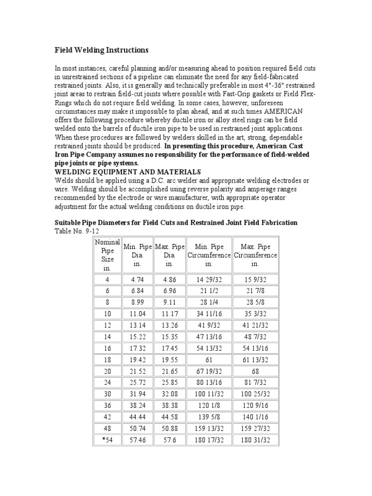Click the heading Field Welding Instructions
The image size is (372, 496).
(101, 50)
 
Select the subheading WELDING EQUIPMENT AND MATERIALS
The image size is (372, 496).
(127, 171)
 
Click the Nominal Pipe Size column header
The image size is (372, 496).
(108, 255)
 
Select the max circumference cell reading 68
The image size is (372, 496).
(255, 371)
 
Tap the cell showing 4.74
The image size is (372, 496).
(138, 279)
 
